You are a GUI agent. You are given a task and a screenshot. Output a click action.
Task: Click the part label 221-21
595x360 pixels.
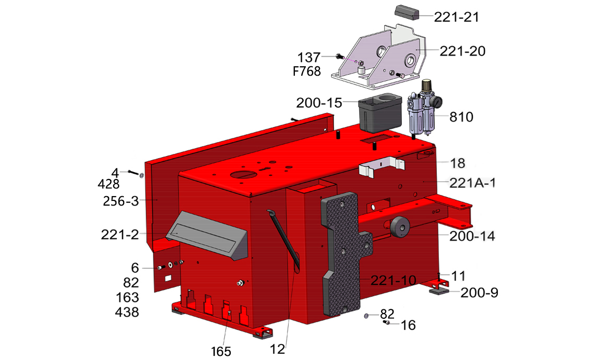tap(457, 17)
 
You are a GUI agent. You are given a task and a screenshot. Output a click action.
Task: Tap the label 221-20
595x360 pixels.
tap(462, 51)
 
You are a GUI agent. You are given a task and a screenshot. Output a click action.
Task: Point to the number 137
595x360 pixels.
tap(308, 58)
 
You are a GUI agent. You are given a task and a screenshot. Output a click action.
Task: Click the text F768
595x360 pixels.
tap(307, 71)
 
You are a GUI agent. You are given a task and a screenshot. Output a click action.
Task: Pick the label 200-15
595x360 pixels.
tap(319, 103)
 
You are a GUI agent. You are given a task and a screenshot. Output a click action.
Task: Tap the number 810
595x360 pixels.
tap(461, 117)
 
